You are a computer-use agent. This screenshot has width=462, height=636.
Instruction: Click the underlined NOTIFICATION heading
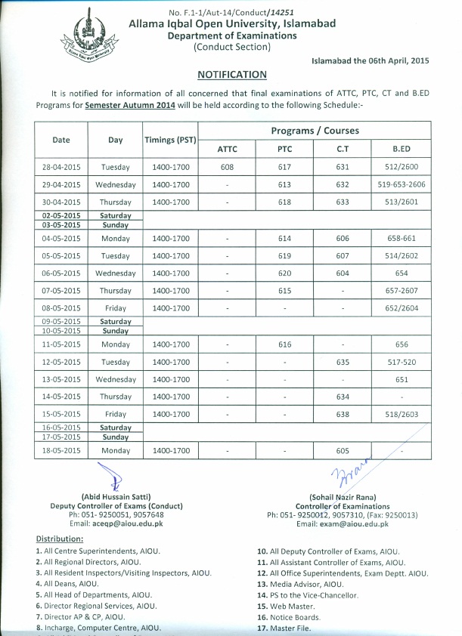(231, 75)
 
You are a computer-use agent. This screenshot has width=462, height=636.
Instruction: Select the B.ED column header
(401, 149)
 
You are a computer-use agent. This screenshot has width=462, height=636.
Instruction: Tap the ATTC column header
(227, 149)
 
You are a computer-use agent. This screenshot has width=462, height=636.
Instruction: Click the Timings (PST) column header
(170, 140)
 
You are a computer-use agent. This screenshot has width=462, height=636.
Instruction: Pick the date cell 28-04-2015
(61, 168)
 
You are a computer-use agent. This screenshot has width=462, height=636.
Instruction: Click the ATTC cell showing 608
(227, 168)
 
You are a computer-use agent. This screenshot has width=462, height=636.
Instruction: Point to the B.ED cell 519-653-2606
(401, 184)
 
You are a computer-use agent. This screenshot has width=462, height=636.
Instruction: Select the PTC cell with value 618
(284, 202)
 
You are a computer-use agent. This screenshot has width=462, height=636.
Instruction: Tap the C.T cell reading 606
(343, 238)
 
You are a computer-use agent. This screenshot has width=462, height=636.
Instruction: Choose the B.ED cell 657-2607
(401, 291)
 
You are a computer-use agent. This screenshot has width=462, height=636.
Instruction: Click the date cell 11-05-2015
(61, 344)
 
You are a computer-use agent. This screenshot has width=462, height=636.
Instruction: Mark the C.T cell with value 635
(343, 362)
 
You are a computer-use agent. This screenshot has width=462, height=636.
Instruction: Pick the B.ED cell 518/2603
(401, 415)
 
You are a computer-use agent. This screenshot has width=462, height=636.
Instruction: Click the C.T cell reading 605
(343, 450)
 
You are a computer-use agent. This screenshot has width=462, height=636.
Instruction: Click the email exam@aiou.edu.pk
(342, 523)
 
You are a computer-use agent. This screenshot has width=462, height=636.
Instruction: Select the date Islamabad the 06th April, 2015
(370, 60)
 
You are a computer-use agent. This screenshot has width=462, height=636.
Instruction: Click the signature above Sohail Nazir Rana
(346, 474)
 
